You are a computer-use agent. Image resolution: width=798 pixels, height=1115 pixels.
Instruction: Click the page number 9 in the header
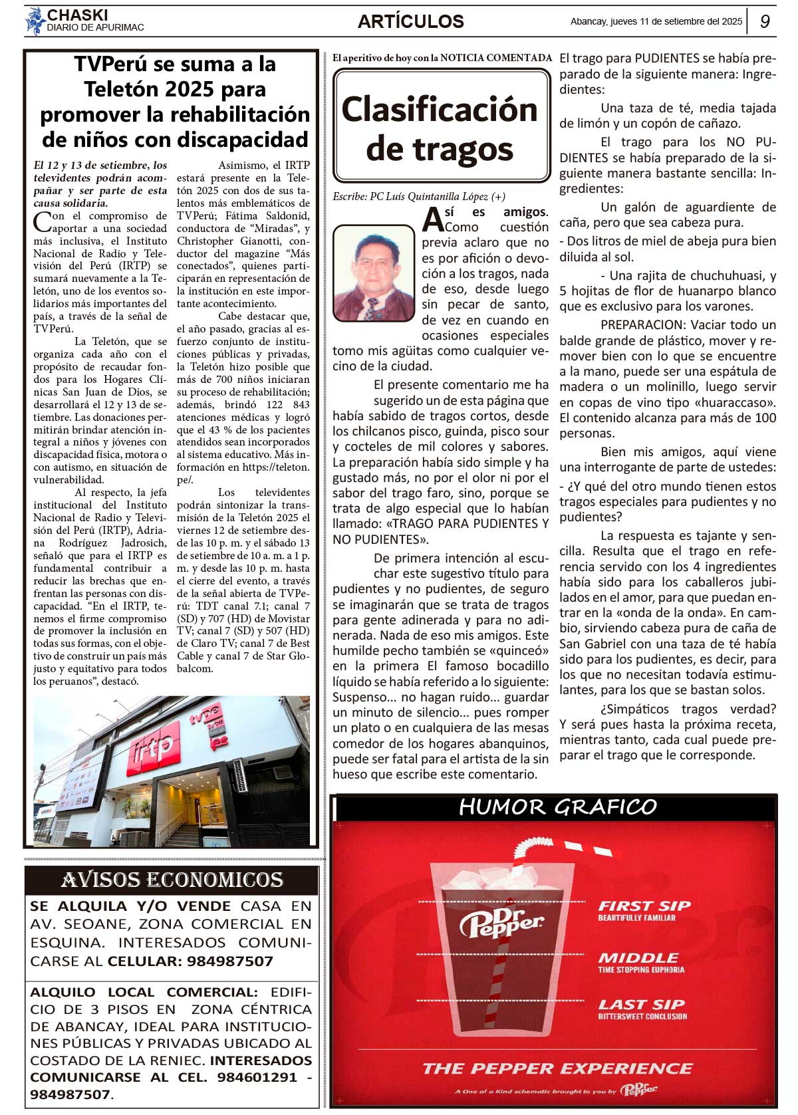[x=765, y=21]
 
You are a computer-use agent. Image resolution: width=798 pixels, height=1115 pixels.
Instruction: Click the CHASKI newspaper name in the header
[x=77, y=15]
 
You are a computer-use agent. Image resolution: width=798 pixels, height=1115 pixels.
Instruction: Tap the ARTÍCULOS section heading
[x=410, y=21]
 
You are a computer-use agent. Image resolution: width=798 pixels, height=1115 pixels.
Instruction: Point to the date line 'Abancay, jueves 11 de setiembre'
[x=656, y=21]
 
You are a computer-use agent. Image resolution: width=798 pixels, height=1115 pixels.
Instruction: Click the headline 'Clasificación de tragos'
[x=440, y=128]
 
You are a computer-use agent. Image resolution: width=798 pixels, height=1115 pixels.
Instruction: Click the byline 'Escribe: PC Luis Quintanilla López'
[x=419, y=196]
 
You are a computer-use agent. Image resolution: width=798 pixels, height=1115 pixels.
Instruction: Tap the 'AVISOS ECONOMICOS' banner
[x=172, y=880]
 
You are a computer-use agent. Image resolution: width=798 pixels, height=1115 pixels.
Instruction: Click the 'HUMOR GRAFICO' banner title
[x=557, y=807]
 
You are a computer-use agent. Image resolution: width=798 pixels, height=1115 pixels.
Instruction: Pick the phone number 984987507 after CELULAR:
[x=229, y=961]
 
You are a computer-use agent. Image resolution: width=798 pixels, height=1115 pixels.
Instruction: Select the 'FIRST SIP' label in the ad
[x=644, y=906]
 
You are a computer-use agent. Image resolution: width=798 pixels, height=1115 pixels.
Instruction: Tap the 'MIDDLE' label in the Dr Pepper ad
[x=638, y=958]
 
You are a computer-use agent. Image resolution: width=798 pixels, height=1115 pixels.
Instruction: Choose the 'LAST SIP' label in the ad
[x=641, y=1005]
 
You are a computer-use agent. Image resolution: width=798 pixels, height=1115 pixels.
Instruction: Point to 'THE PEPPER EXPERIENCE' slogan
[x=557, y=1068]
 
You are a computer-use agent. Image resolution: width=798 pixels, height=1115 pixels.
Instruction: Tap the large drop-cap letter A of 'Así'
[x=433, y=219]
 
